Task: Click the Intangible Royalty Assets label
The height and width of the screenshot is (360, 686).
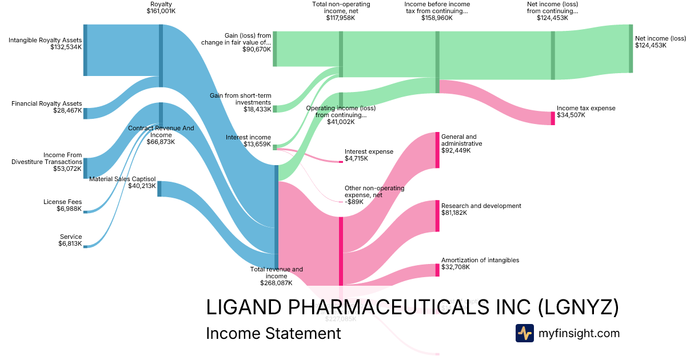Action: click(45, 40)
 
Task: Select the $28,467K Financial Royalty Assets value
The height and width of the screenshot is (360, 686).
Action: click(66, 111)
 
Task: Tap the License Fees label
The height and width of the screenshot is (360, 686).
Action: click(62, 202)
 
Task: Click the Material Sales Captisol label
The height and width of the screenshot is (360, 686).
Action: click(122, 179)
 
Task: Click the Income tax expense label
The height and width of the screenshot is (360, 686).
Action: click(586, 108)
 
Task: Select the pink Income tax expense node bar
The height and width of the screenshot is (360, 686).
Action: click(553, 118)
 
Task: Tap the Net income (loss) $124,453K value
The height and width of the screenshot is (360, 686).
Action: click(651, 45)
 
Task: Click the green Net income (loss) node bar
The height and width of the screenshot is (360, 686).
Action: click(631, 49)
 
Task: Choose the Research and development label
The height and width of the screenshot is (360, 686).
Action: click(481, 206)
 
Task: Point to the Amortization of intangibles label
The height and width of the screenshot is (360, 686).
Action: click(480, 260)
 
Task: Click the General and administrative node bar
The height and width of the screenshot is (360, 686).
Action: click(437, 150)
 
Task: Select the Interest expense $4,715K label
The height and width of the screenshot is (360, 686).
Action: click(369, 155)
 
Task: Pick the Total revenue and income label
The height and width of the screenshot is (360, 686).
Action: click(276, 273)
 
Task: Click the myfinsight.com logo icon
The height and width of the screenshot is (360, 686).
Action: click(524, 333)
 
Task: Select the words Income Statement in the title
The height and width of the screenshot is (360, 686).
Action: click(273, 333)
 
